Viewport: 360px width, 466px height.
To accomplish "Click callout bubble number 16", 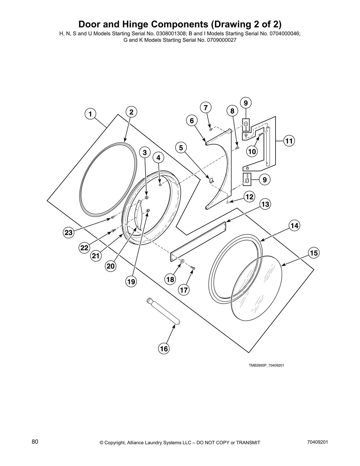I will coord(164,349).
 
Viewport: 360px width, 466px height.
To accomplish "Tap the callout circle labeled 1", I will coord(90,114).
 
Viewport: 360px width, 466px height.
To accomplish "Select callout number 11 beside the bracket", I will coord(289,141).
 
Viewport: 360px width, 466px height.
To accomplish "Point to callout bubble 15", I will coord(314,253).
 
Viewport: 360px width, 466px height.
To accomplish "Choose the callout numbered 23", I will coord(69,233).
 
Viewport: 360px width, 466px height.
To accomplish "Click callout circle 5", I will coord(181,148).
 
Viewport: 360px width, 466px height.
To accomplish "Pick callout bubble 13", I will coord(265,204).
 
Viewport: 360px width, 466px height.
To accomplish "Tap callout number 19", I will coord(131,282).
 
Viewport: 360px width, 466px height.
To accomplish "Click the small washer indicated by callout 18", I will coord(182,261).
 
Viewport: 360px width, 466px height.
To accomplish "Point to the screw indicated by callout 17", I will coord(193,268).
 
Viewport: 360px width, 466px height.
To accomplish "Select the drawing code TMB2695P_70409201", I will coord(266,365).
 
